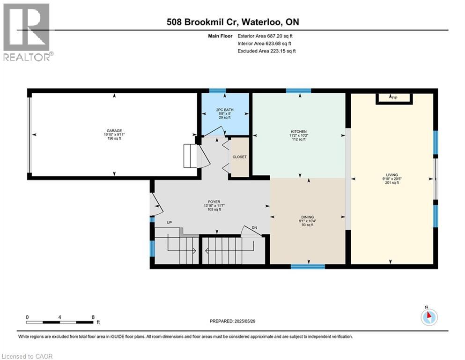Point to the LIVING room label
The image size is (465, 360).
click(391, 179)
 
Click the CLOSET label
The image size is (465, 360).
click(239, 157)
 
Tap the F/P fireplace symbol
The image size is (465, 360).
click(394, 97)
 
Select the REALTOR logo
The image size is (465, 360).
click(27, 32)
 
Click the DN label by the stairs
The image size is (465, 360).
click(254, 228)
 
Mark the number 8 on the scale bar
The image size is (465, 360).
click(93, 317)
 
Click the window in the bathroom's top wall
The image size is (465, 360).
click(217, 91)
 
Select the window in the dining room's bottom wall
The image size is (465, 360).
click(308, 266)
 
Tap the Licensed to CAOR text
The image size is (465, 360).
click(27, 356)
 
